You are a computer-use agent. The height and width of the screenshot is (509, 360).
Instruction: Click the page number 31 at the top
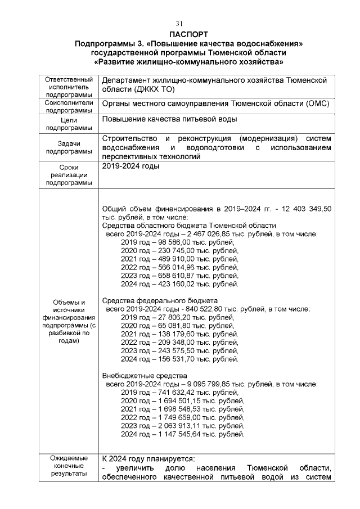click(180, 24)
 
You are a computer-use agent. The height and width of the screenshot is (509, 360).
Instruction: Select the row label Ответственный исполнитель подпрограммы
click(69, 88)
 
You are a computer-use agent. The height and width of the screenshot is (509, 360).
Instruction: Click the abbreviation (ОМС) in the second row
click(316, 104)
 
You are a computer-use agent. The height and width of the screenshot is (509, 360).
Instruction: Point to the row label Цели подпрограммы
click(69, 124)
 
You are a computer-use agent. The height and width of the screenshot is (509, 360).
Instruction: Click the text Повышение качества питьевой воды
click(169, 119)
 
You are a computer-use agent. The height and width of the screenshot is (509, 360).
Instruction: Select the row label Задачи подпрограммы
click(69, 147)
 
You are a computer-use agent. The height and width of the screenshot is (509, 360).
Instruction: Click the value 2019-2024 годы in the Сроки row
click(130, 166)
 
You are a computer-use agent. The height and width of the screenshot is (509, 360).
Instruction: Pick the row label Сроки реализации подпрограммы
click(69, 175)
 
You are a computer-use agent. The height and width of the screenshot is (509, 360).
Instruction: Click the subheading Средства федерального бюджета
click(160, 301)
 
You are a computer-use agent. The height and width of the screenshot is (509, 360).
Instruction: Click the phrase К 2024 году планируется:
click(148, 458)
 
